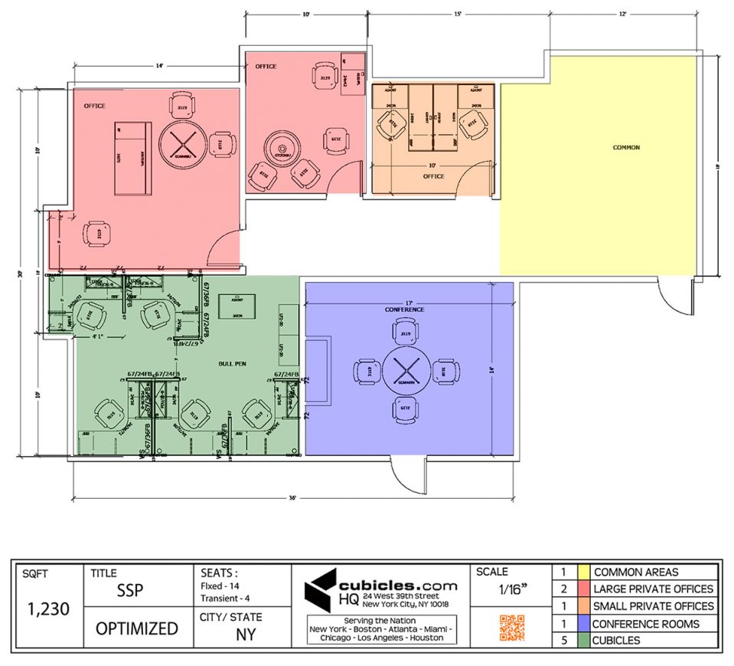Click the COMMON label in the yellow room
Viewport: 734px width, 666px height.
[x=625, y=147]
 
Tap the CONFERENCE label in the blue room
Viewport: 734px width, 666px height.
[x=404, y=310]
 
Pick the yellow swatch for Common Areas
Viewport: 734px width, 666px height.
[x=583, y=572]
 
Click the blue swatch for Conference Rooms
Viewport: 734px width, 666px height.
[x=583, y=623]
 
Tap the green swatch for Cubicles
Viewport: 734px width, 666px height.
[x=583, y=640]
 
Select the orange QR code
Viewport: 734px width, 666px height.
[x=512, y=627]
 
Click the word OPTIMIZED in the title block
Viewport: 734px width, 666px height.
[x=136, y=628]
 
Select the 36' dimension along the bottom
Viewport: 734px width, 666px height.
[x=292, y=497]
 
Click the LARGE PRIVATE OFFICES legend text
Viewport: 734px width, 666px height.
[x=654, y=589]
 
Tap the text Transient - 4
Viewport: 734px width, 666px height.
[x=225, y=598]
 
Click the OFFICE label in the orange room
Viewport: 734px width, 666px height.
[x=433, y=176]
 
